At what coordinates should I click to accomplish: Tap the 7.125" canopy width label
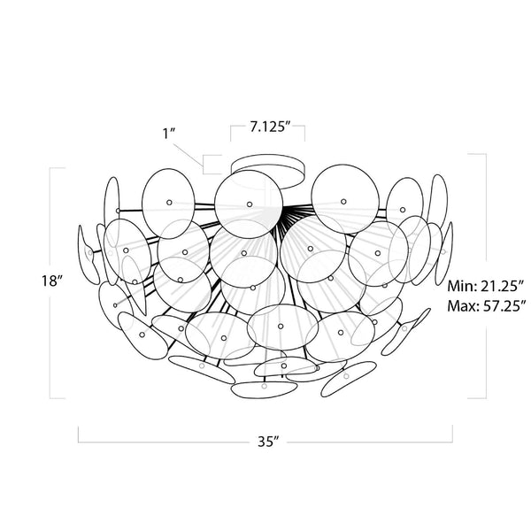[x=267, y=127]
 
